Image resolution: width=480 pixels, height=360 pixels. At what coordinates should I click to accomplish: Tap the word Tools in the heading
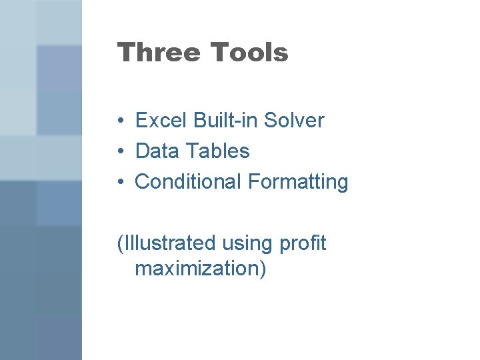(x=249, y=52)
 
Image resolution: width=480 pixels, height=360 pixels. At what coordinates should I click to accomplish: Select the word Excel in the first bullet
(x=161, y=121)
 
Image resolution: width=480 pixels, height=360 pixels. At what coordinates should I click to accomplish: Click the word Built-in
(x=226, y=121)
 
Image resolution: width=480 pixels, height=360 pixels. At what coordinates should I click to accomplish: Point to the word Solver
(x=294, y=121)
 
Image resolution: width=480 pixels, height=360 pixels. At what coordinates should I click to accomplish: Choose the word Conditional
(x=189, y=181)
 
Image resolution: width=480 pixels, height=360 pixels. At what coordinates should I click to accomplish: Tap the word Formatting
(x=298, y=182)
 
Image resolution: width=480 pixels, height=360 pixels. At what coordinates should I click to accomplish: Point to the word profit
(x=303, y=243)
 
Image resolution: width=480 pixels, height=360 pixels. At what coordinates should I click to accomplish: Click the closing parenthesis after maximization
(x=263, y=269)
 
